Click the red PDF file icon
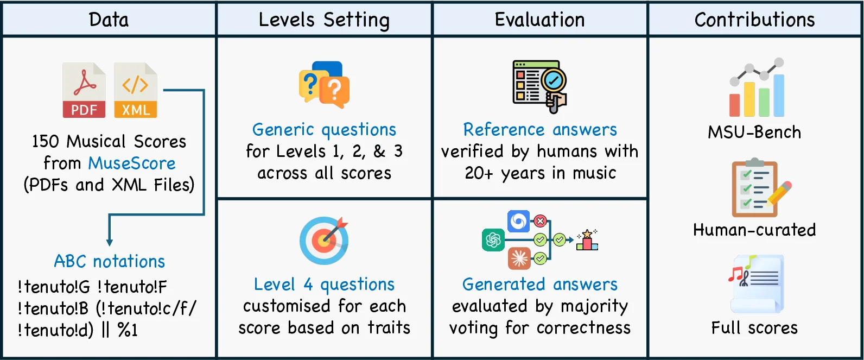pyautogui.click(x=84, y=90)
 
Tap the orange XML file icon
pyautogui.click(x=135, y=90)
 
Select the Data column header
pyautogui.click(x=109, y=20)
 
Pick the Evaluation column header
pyautogui.click(x=539, y=20)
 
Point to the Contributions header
pyautogui.click(x=755, y=20)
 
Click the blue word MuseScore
pyautogui.click(x=132, y=163)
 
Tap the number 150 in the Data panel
pyautogui.click(x=45, y=142)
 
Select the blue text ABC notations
pyautogui.click(x=110, y=261)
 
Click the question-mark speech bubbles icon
pyautogui.click(x=324, y=84)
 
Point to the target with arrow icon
pyautogui.click(x=324, y=241)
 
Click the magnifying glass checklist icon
pyautogui.click(x=539, y=86)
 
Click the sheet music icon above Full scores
pyautogui.click(x=756, y=283)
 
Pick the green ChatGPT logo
pyautogui.click(x=493, y=239)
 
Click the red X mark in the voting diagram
pyautogui.click(x=540, y=221)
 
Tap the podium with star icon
pyautogui.click(x=587, y=239)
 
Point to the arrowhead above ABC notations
pyautogui.click(x=110, y=242)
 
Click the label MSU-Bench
pyautogui.click(x=754, y=132)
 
